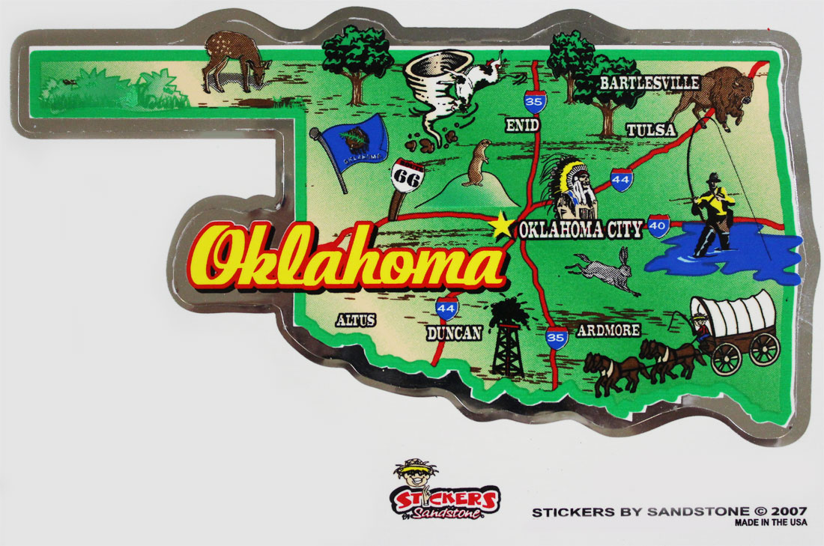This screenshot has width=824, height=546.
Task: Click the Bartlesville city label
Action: coord(649,83)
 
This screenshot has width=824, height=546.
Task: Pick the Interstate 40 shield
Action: coord(658,225)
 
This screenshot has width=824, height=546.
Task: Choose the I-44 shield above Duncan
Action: coord(447,307)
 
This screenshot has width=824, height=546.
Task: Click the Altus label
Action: coord(355,320)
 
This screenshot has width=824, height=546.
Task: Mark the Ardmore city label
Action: coord(608,330)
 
